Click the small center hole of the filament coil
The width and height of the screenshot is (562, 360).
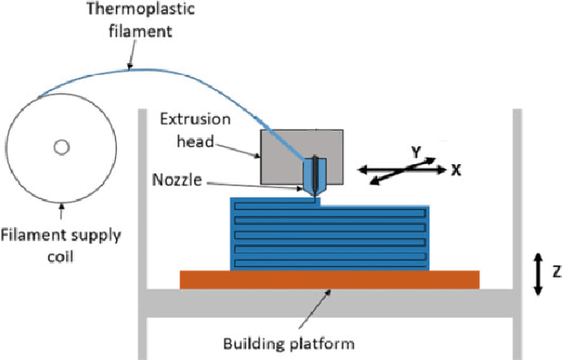pos(61,147)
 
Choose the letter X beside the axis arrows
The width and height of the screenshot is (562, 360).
pos(457,170)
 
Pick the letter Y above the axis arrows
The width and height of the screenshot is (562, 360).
pos(415,152)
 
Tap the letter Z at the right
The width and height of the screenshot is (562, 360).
pos(554,271)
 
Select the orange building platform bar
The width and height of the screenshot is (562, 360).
pos(329,279)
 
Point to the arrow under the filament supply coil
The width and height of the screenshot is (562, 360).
pos(61,211)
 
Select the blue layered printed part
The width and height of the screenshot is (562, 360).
pos(329,233)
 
